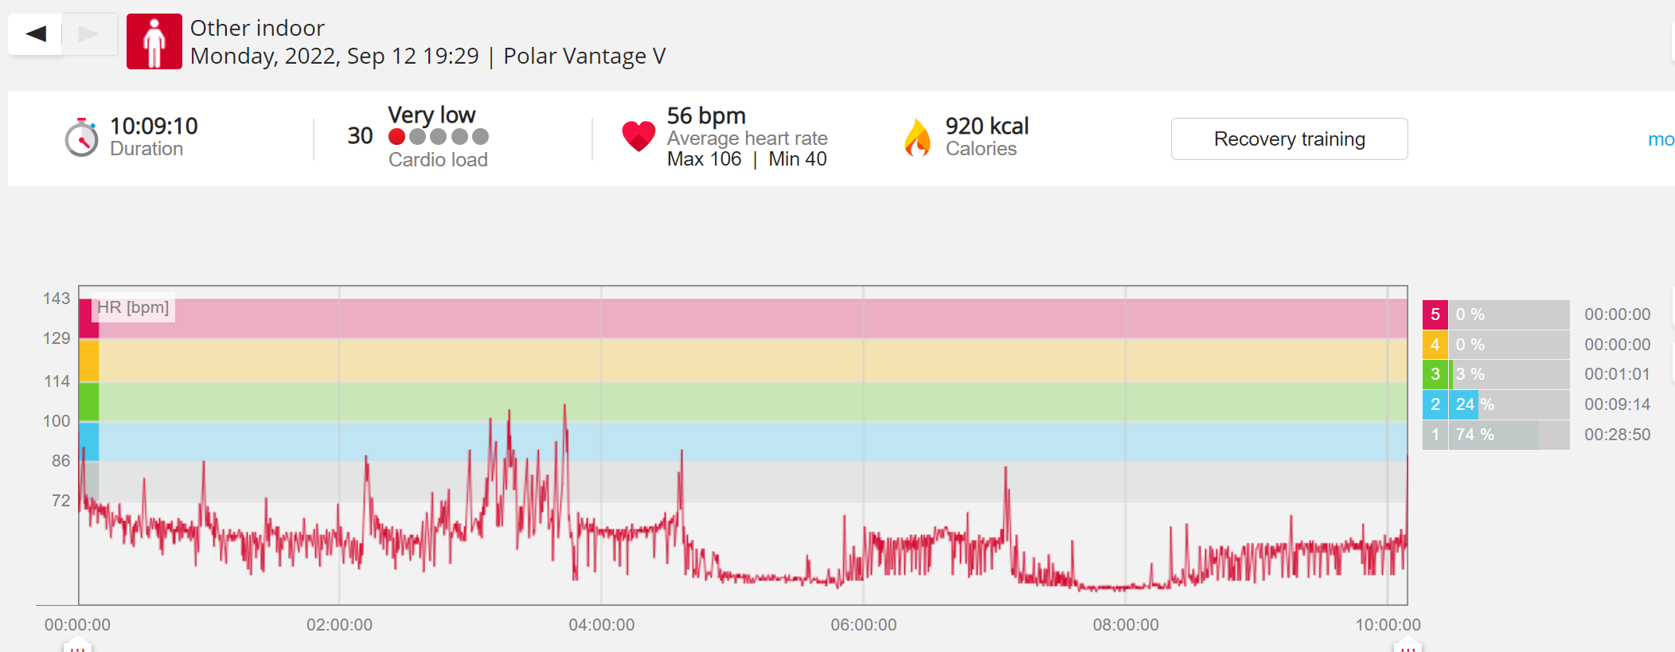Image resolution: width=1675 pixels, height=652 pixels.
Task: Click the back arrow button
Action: [35, 33]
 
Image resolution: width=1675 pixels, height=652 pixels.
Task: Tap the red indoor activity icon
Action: [154, 41]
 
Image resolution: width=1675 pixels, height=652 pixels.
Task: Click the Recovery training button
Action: [1289, 139]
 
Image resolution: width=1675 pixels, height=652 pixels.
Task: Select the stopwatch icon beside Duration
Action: [81, 137]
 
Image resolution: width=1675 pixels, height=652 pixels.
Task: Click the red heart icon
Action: [638, 136]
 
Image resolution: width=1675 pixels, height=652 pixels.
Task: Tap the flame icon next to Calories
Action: [917, 137]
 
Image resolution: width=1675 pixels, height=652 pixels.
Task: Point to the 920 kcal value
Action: [987, 126]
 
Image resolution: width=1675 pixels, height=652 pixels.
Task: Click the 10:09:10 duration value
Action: [154, 126]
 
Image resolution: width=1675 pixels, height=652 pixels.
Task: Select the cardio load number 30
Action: [360, 136]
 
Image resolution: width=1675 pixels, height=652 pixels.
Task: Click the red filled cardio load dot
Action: [396, 137]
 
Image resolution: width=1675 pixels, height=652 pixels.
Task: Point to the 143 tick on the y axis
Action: [57, 299]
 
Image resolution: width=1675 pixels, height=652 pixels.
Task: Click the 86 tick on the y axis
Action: [61, 461]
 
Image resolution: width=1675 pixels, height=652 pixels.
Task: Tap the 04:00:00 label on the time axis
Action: [601, 625]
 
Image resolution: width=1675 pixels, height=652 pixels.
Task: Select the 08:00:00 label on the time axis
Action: [1126, 625]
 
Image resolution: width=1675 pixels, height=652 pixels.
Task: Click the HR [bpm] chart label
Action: [133, 307]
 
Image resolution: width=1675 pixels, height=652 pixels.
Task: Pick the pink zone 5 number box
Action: [1435, 314]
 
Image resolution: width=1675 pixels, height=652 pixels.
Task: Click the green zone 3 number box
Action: [1435, 374]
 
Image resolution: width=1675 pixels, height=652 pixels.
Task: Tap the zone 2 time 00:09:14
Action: [1617, 404]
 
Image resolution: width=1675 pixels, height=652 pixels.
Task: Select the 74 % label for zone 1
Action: [1474, 435]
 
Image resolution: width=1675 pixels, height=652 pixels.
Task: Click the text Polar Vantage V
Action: [584, 56]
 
